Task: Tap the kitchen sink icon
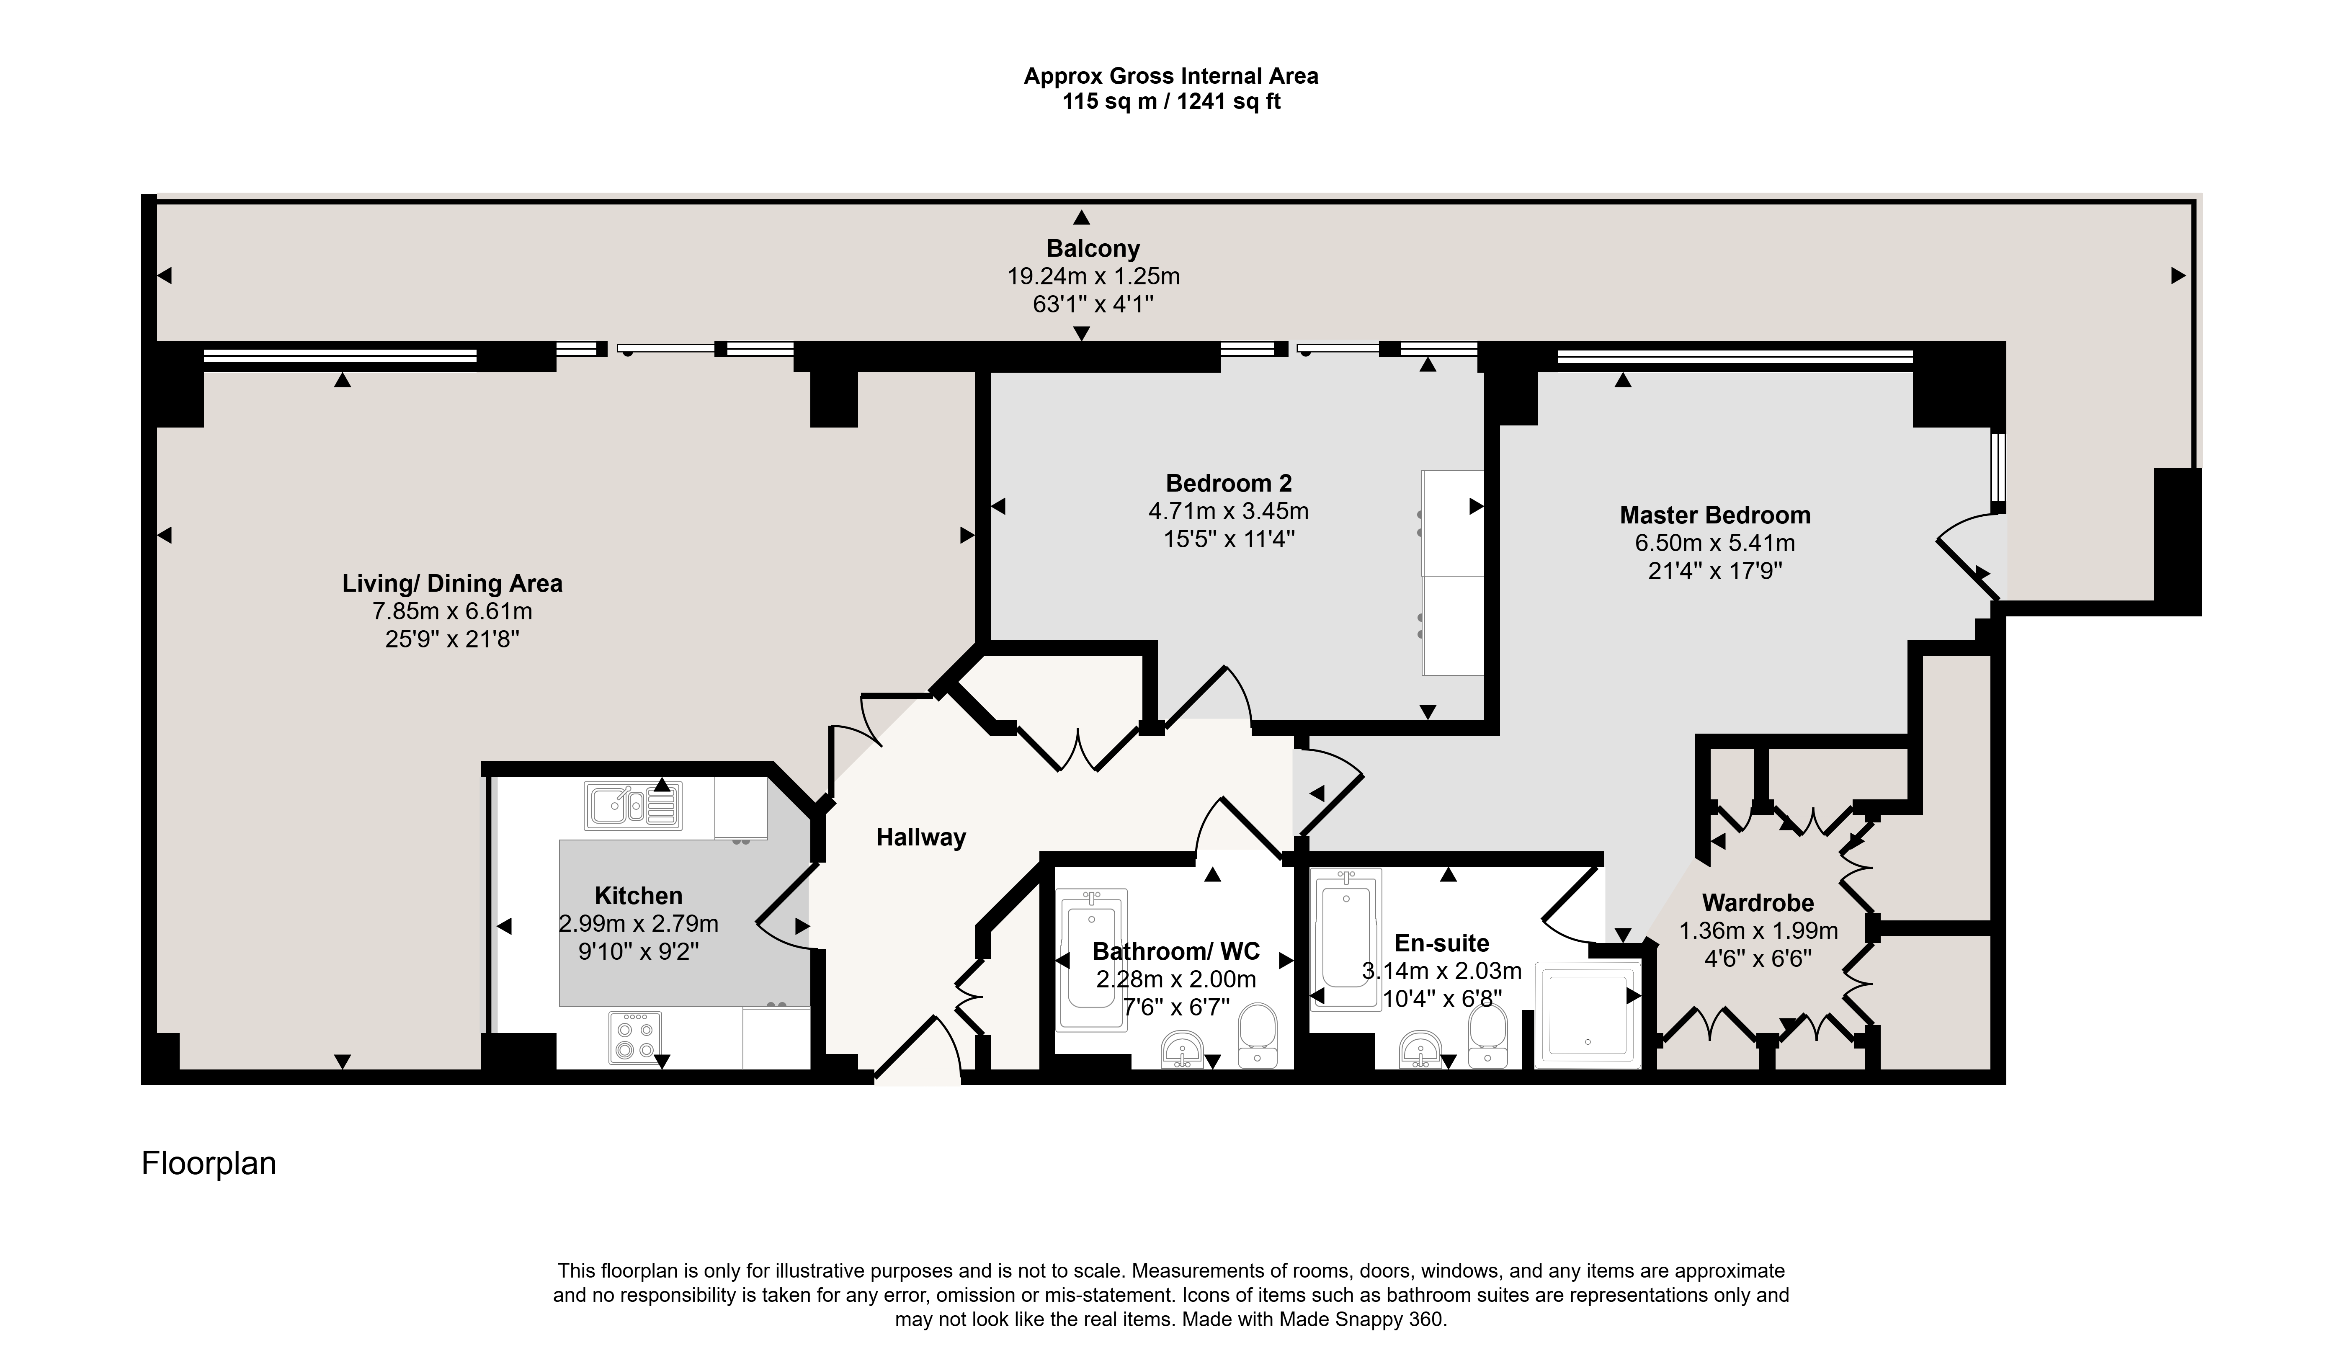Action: click(632, 805)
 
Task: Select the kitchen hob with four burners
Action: click(635, 1037)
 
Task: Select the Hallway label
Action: click(920, 838)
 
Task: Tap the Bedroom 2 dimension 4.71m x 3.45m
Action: click(1228, 511)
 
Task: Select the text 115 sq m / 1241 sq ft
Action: click(1172, 101)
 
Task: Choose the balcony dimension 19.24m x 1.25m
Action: click(1093, 276)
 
